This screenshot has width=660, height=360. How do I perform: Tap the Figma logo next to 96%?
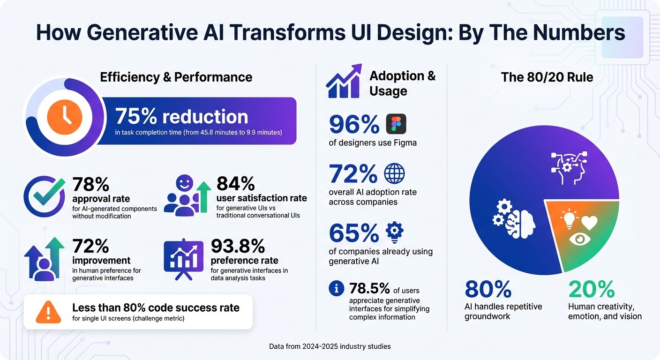point(396,124)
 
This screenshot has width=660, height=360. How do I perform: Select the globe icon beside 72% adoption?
point(394,173)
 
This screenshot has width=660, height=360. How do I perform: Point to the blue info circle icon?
point(337,288)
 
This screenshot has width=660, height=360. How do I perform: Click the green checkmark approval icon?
point(45,196)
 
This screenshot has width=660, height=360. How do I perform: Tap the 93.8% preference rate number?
point(238,246)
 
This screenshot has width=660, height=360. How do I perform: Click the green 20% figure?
point(591,289)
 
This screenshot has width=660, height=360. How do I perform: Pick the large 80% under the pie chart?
point(488,289)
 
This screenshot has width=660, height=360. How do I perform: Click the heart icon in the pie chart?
point(589,222)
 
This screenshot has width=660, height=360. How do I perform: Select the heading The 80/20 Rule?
point(547,77)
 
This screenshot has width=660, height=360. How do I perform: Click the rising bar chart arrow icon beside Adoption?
point(344,82)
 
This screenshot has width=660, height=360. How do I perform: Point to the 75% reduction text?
point(181,116)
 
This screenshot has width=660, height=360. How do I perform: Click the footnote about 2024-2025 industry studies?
point(330,346)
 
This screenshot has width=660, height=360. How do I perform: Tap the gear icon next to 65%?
point(394,231)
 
